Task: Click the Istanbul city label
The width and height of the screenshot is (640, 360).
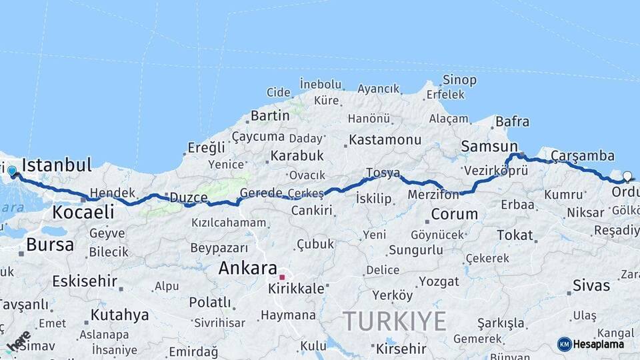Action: (x=57, y=165)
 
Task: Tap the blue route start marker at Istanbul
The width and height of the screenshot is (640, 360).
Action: (x=12, y=171)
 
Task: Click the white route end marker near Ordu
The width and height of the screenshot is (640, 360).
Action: (x=627, y=177)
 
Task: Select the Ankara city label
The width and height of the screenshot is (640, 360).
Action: (x=248, y=268)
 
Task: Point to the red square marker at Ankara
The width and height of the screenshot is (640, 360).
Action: (x=282, y=277)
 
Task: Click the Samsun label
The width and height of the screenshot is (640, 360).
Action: (x=489, y=147)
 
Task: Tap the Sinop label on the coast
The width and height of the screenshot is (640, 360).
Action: (x=460, y=80)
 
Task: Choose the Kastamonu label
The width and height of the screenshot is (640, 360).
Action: (x=385, y=140)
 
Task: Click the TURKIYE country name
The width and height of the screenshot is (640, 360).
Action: (x=395, y=321)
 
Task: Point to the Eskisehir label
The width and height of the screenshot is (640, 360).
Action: (x=85, y=281)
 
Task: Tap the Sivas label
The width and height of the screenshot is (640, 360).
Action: (x=591, y=285)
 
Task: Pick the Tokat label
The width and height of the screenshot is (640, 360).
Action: (x=515, y=235)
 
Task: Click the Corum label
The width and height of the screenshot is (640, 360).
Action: (x=455, y=215)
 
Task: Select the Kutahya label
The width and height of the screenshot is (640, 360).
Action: (x=120, y=315)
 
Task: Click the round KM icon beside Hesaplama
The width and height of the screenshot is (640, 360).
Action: (x=564, y=344)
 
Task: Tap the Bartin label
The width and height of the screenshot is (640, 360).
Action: (x=270, y=116)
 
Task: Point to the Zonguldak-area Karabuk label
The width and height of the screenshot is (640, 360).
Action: (x=297, y=156)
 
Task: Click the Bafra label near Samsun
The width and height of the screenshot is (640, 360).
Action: (x=512, y=122)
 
